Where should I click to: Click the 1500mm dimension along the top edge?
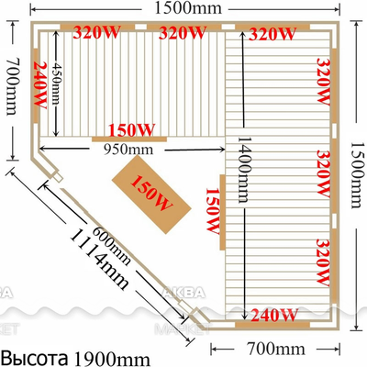click(183, 8)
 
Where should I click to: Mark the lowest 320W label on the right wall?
click(322, 262)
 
